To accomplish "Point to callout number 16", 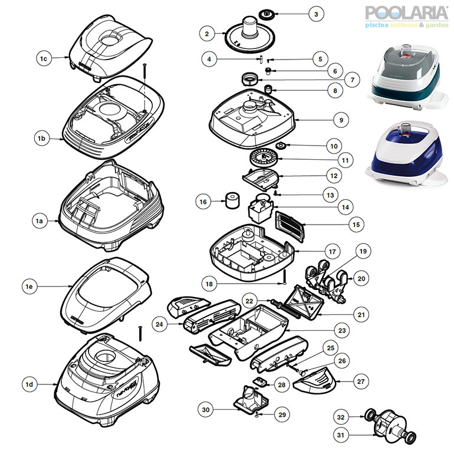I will pyautogui.click(x=203, y=202).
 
